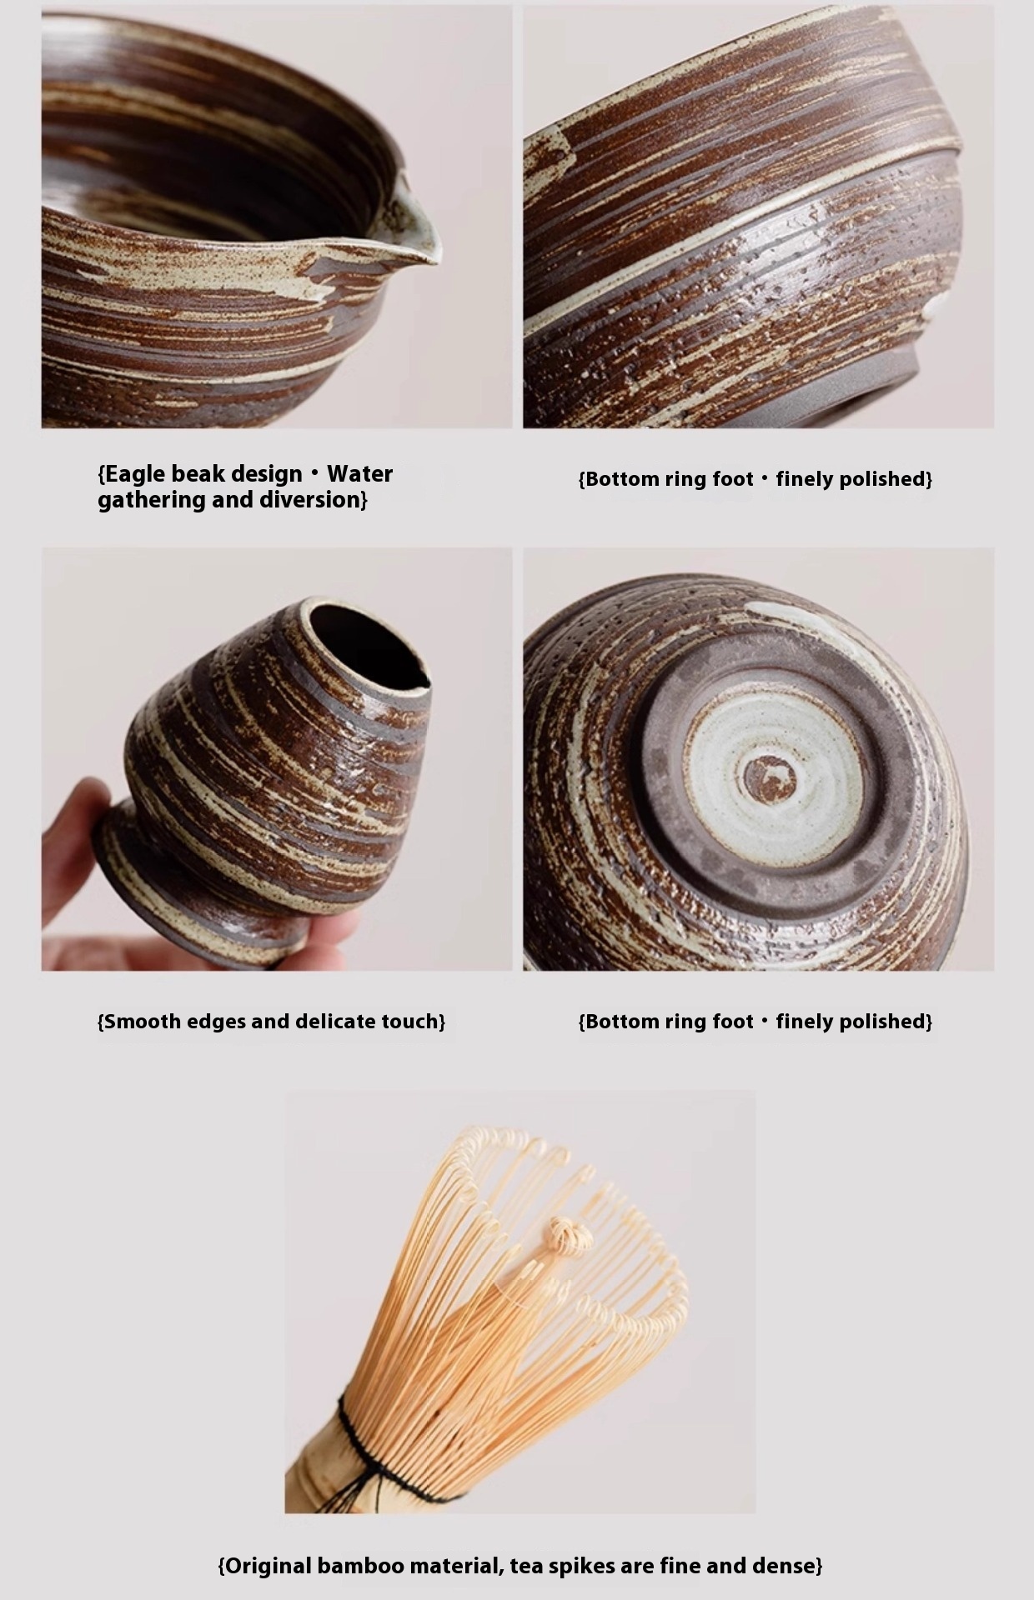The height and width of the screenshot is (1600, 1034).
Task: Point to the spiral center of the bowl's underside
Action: pyautogui.click(x=770, y=778)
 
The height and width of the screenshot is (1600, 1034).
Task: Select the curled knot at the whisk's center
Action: pyautogui.click(x=569, y=1235)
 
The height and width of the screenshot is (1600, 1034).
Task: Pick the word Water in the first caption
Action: pyautogui.click(x=359, y=473)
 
